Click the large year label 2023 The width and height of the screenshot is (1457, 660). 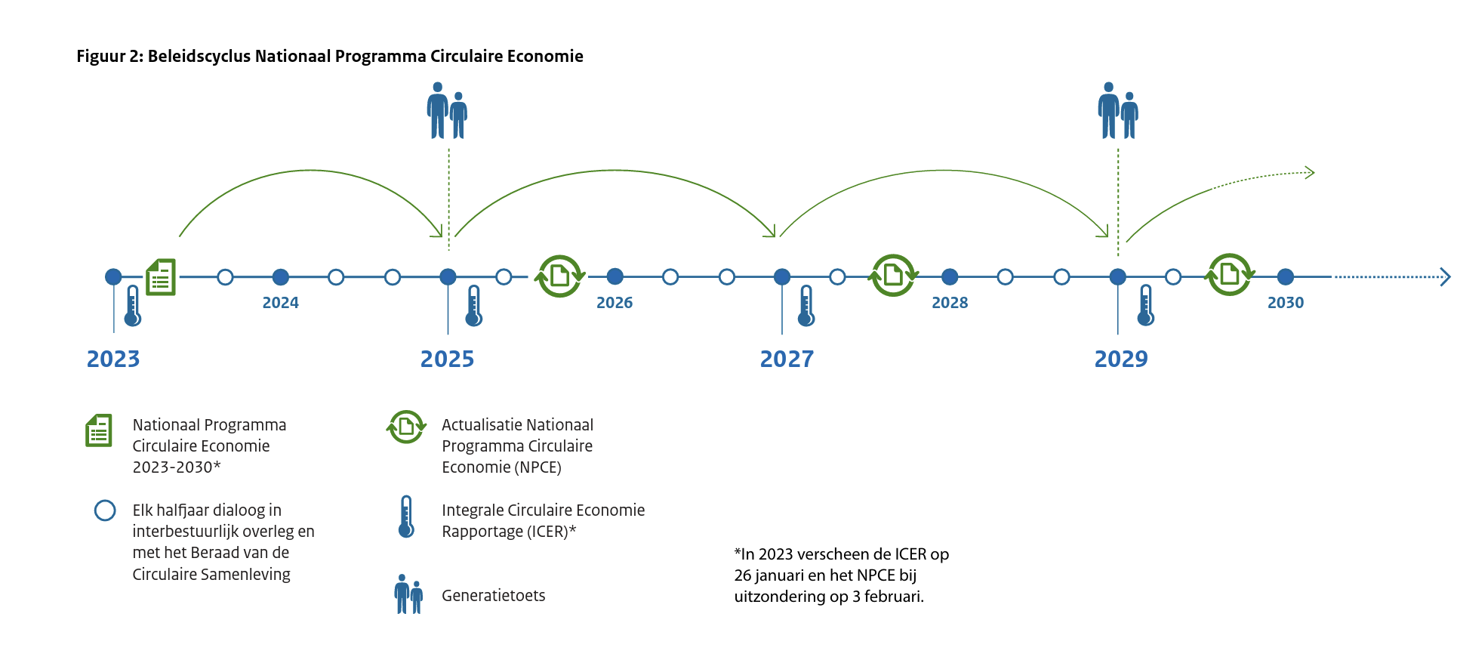click(113, 359)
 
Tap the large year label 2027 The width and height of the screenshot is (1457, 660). click(787, 359)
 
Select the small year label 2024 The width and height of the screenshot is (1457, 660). click(281, 303)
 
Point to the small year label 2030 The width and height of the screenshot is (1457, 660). click(1286, 303)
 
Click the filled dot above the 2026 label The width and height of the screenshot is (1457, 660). click(615, 277)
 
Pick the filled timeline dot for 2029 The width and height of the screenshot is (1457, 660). click(1118, 277)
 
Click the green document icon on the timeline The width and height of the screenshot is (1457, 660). click(161, 277)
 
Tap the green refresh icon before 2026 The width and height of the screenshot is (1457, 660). click(559, 276)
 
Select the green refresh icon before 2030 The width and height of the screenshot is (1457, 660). click(1230, 275)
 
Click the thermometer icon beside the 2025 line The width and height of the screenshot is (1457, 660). click(474, 306)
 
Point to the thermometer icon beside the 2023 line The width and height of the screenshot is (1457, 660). click(133, 306)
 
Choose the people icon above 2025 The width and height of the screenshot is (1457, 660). click(448, 111)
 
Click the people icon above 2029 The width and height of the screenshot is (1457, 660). click(1118, 111)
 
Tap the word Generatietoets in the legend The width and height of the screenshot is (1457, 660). click(494, 596)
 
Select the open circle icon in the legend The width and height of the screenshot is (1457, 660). click(105, 511)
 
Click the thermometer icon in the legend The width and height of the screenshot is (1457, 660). click(406, 517)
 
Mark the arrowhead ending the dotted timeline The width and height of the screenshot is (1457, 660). click(1446, 277)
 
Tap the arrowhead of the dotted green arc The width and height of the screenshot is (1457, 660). click(1311, 173)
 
